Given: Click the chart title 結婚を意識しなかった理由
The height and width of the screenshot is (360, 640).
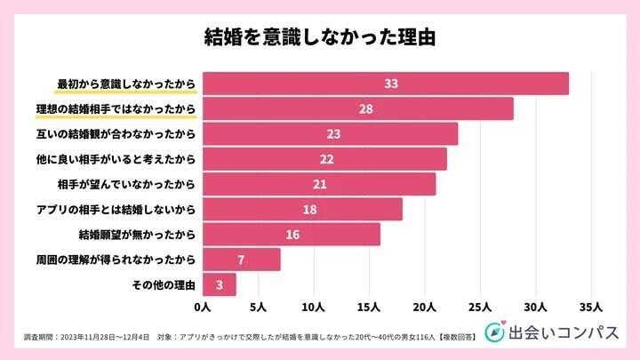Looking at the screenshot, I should tap(319, 38).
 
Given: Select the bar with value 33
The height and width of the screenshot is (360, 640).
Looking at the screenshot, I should tap(385, 84).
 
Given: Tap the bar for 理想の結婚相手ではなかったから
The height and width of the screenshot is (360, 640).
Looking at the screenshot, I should tap(357, 108).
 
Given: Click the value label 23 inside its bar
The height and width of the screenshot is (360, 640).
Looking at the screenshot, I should tap(334, 134).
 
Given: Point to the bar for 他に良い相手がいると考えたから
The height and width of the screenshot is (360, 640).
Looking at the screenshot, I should tap(324, 159).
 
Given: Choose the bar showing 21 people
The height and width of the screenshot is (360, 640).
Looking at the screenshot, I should tap(319, 184).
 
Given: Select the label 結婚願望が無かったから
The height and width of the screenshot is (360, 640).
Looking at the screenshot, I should tap(137, 235).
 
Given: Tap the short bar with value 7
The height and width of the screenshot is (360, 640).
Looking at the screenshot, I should tap(241, 260).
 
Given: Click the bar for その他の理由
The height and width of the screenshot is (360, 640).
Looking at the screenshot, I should tap(219, 285).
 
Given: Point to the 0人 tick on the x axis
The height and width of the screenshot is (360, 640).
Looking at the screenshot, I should tap(202, 308).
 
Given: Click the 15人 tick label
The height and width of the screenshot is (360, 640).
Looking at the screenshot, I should tap(369, 308).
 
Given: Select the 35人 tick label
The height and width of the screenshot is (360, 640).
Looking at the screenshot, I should tap(591, 308).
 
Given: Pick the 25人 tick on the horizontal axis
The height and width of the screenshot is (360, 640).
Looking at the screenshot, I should tap(480, 308).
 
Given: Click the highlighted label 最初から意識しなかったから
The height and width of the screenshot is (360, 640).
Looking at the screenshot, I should tap(125, 84).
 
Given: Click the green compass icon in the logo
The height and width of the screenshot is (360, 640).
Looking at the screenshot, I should tap(495, 332).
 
